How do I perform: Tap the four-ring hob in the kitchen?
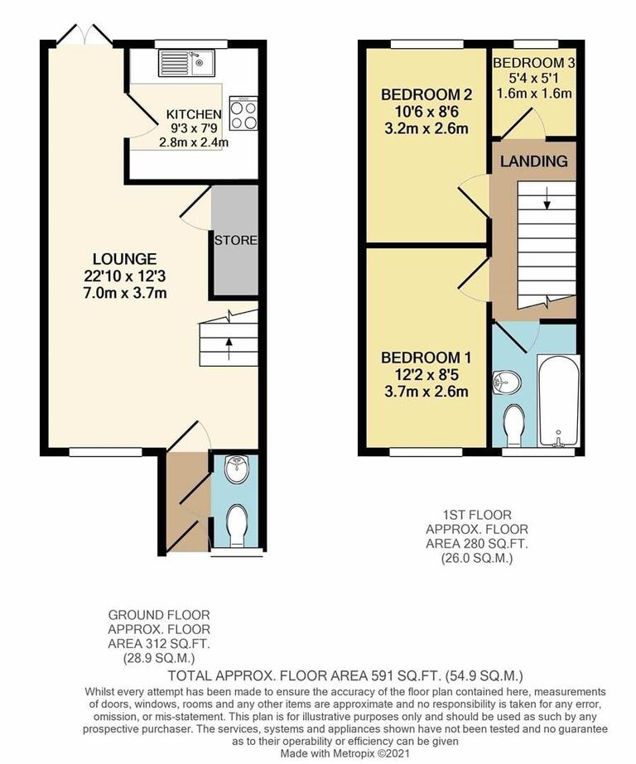point(243,114)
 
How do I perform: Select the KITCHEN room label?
point(194,114)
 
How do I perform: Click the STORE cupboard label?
point(236,241)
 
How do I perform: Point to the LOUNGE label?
point(125,258)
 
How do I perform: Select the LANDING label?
point(533,161)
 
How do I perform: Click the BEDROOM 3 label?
point(534,64)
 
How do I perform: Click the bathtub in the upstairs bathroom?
point(556,401)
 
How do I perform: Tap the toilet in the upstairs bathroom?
point(514,420)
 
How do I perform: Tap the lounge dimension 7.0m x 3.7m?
point(125,294)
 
